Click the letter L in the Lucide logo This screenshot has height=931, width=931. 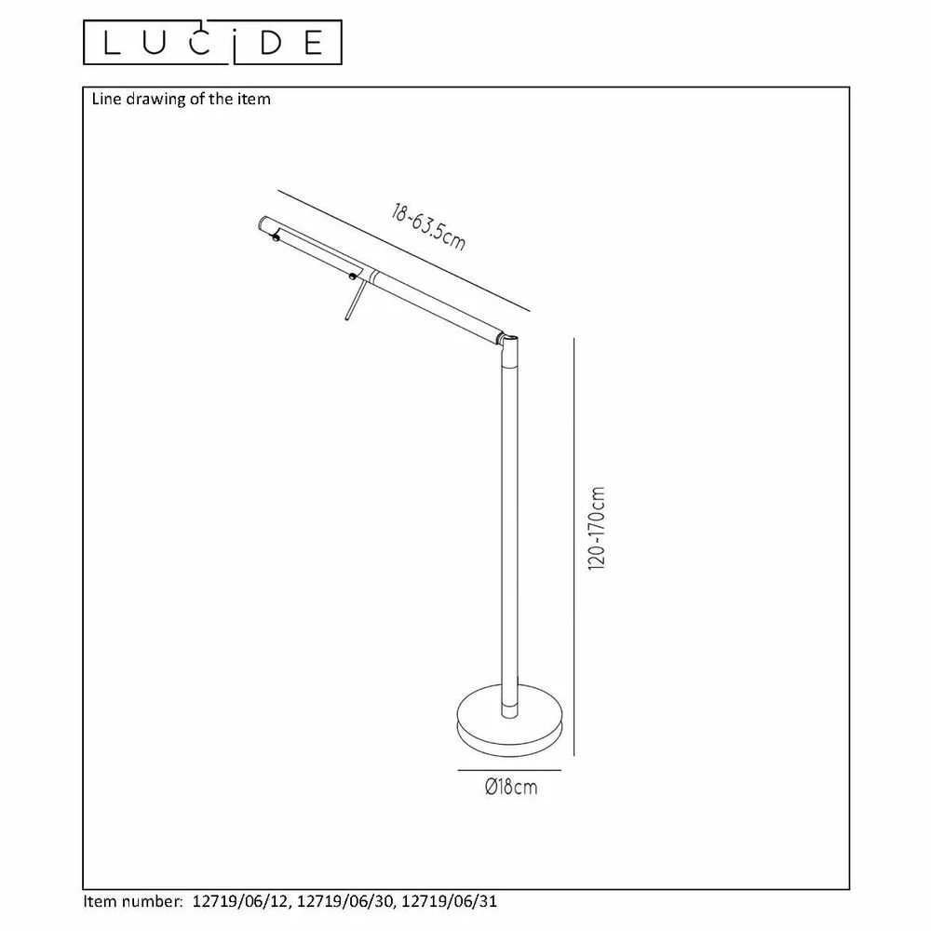click(x=113, y=42)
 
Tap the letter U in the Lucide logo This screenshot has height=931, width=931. click(x=155, y=43)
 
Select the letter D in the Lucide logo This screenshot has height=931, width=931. click(x=271, y=43)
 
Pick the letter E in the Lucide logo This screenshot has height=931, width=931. click(x=314, y=43)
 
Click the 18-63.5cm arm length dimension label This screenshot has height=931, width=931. click(x=428, y=228)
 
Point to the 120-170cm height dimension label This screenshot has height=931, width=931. click(x=596, y=529)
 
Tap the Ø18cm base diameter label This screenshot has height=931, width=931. click(x=510, y=788)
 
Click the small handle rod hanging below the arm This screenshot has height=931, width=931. click(x=353, y=301)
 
